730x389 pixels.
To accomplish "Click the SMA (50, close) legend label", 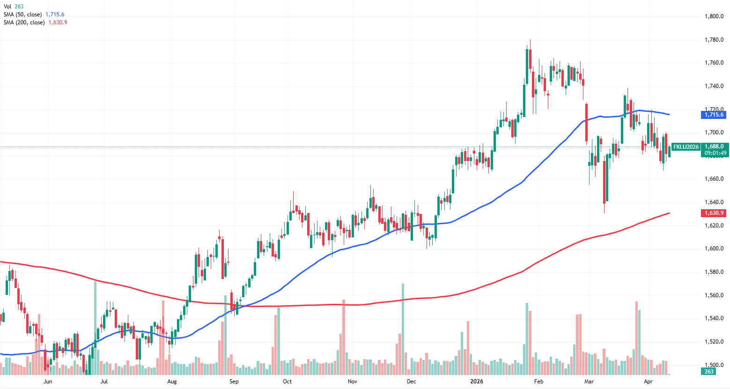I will pos(23,15).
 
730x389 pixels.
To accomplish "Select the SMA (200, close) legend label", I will pos(24,22).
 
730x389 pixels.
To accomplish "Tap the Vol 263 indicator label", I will pos(13,7).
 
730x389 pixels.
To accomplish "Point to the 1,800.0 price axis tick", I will pos(714,16).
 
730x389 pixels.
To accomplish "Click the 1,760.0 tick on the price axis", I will pos(714,63).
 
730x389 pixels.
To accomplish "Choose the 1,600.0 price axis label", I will pos(714,249).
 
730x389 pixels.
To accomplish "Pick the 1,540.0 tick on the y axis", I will pos(714,318).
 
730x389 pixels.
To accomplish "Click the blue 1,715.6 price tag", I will pos(714,115).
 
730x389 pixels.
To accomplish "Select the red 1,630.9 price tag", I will pos(714,213).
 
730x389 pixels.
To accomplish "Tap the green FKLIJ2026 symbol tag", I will pos(686,147).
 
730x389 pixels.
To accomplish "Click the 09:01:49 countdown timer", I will pos(715,153).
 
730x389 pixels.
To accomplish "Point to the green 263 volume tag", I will pos(709,372).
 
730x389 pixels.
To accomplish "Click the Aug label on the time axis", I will pos(172,382).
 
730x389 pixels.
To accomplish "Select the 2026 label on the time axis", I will pos(477,382).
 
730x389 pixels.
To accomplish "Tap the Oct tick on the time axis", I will pos(287,382).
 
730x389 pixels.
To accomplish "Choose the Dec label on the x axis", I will pos(411,382).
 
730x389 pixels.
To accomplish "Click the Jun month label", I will pos(47,382).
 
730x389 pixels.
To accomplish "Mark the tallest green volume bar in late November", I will pos(403,328).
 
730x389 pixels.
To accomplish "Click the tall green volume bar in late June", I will pos(95,328).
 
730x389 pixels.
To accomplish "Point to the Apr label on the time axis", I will pos(648,382).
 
